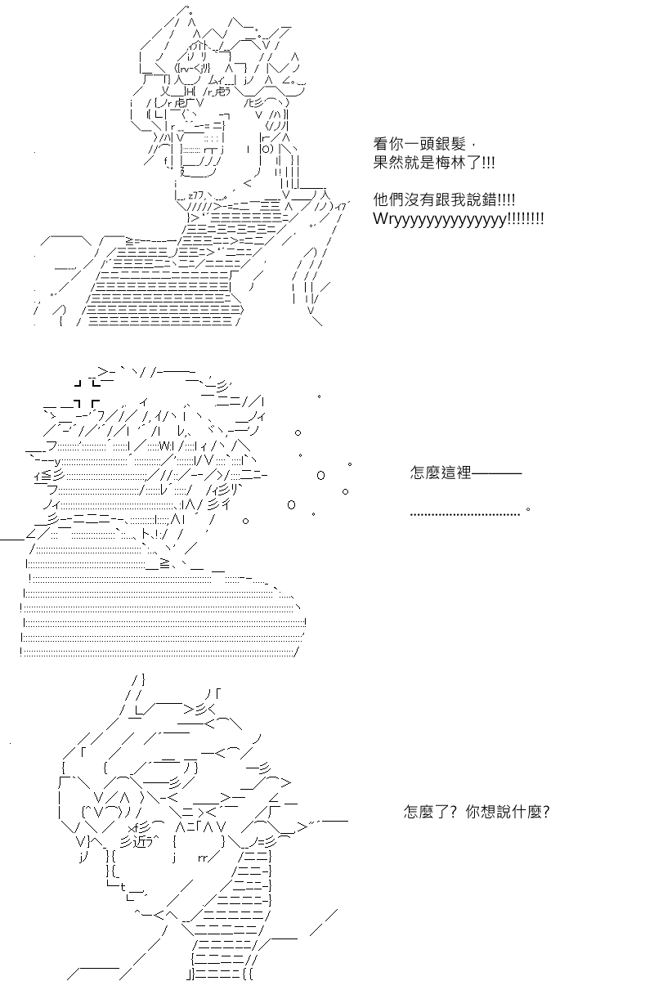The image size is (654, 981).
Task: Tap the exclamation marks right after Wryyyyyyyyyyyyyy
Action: point(526,220)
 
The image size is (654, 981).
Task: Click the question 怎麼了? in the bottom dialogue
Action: point(428,813)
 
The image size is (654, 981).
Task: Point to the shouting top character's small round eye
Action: point(267,150)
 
